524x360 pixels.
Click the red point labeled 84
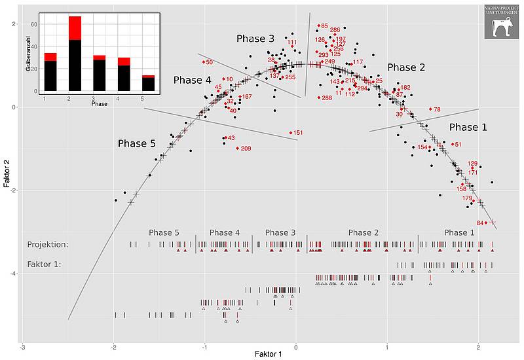(486, 223)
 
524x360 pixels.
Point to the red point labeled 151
(291, 133)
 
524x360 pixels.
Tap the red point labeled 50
(204, 62)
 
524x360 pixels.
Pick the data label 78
(437, 109)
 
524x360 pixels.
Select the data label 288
(326, 98)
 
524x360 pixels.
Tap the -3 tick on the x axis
(23, 347)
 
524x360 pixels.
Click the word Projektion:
(48, 245)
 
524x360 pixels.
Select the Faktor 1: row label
(44, 265)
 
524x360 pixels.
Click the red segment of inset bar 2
(75, 28)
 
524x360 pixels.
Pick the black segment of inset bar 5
(149, 84)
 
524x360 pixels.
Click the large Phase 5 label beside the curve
(136, 143)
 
